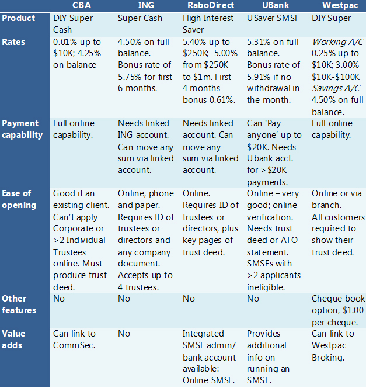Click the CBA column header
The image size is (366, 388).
coord(81,6)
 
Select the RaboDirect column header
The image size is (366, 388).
coord(208,6)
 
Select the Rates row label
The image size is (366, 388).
coord(13,42)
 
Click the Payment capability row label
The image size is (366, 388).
coord(22,129)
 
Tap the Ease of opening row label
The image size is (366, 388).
coord(18,199)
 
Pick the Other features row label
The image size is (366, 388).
coord(19,304)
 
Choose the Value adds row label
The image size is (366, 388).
coord(13,340)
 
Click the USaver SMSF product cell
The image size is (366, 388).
coord(273,18)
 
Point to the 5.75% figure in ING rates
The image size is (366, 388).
coord(131,77)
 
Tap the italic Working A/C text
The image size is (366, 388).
coord(337,42)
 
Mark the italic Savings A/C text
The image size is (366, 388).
coord(336,88)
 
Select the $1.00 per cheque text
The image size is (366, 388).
coord(337,316)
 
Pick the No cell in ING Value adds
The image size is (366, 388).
coord(124,334)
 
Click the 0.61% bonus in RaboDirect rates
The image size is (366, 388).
coord(224,100)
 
